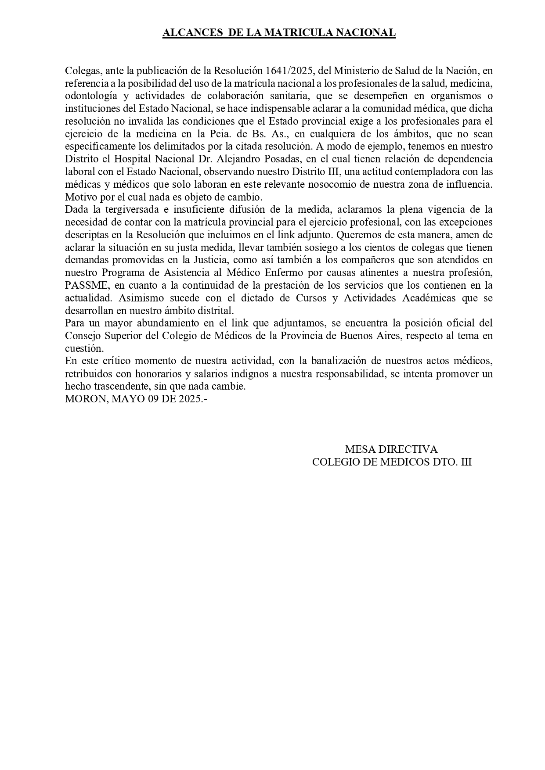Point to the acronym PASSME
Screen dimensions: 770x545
click(86, 286)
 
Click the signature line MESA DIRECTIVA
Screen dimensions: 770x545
click(391, 449)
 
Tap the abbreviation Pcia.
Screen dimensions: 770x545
click(218, 134)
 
